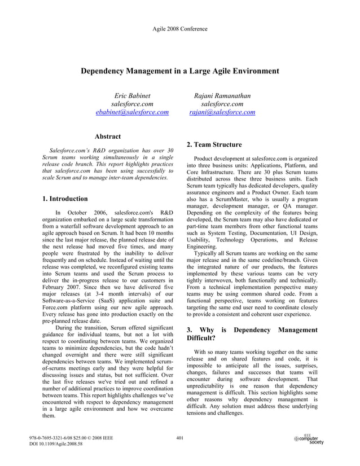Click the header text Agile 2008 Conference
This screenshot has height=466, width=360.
click(179, 28)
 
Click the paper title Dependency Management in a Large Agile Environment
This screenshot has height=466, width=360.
click(180, 71)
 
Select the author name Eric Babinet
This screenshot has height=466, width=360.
click(132, 95)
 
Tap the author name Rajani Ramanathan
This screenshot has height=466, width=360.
click(222, 95)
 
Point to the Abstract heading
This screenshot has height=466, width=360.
click(107, 137)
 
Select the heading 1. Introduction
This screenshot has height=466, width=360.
click(65, 199)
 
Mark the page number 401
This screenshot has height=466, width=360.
click(180, 437)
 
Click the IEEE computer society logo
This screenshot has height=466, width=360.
click(309, 439)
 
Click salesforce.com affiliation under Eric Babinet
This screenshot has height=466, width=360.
click(132, 104)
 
